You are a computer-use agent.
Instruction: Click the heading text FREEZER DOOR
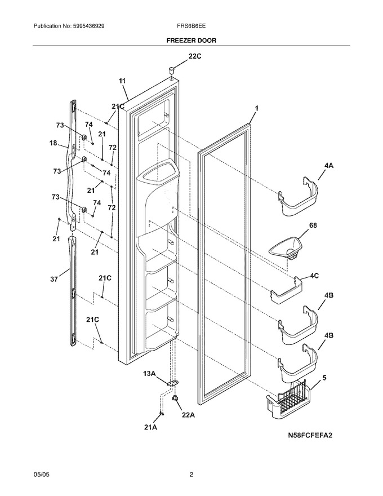point(191,41)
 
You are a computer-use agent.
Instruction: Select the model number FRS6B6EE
point(191,25)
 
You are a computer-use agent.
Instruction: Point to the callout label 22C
point(195,56)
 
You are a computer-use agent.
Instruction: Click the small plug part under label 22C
point(171,69)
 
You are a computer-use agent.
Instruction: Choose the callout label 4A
point(328,166)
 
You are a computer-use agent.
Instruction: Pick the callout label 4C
point(314,276)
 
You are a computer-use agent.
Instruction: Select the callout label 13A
point(149,374)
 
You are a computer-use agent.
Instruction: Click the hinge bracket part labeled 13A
point(172,383)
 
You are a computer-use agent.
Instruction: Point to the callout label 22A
point(188,415)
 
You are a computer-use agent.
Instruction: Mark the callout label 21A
point(151,427)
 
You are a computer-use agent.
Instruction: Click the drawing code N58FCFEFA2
point(310,436)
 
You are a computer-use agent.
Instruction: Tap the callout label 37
point(55,280)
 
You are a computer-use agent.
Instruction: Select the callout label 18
point(53,143)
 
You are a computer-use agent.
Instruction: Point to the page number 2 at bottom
point(191,474)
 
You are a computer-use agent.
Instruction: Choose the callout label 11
point(122,81)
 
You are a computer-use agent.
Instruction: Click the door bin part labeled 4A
point(298,197)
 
